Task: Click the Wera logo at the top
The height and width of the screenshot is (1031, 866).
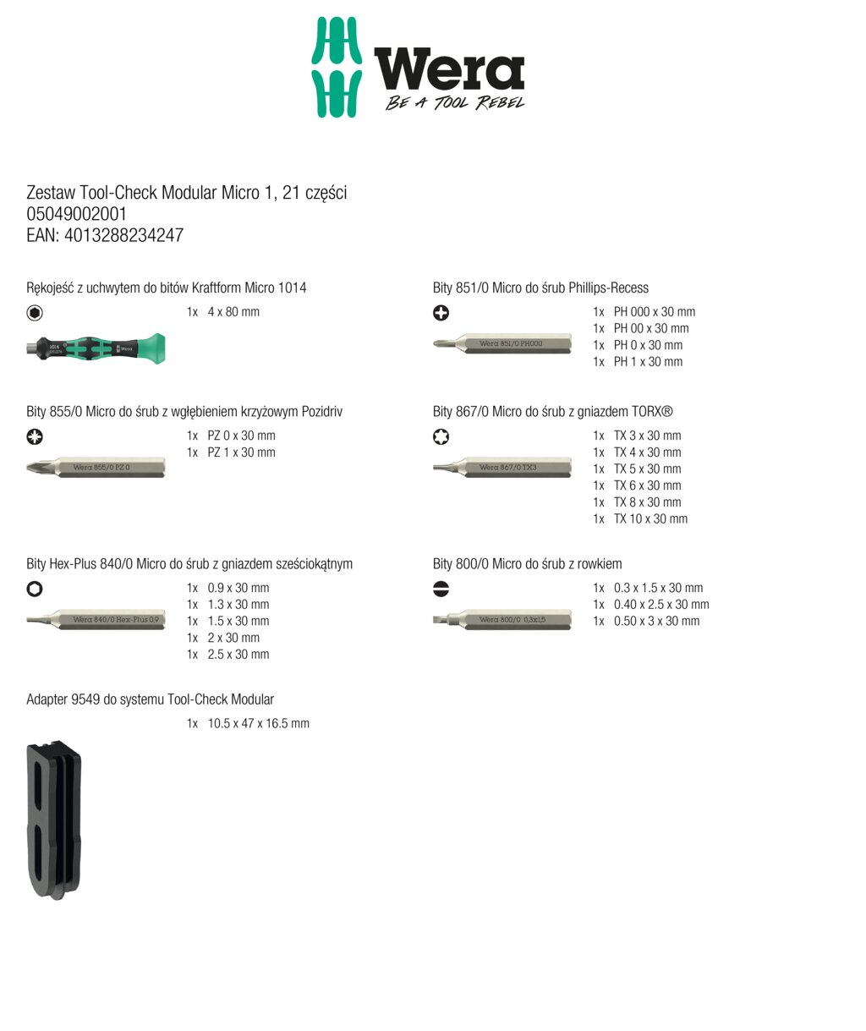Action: (x=418, y=68)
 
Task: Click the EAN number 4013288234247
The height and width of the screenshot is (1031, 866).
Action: (x=123, y=236)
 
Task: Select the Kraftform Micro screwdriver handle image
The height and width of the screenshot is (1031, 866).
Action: (x=96, y=348)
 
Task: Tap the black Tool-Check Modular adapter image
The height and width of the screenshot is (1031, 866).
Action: (x=54, y=820)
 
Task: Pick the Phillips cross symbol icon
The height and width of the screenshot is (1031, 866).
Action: (x=441, y=313)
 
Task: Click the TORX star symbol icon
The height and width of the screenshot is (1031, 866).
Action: (x=441, y=437)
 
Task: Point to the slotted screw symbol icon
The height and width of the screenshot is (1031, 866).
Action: (x=441, y=590)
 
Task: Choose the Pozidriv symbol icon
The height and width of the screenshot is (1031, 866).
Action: (x=35, y=437)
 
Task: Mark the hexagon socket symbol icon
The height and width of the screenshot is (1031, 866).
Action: (x=35, y=590)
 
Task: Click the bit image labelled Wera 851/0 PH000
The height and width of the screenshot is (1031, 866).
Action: (x=502, y=343)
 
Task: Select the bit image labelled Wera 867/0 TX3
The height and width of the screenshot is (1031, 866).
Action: (x=502, y=467)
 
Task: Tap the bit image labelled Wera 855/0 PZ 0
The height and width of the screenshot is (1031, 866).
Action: (x=96, y=467)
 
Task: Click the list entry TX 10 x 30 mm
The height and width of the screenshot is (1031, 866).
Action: (x=650, y=519)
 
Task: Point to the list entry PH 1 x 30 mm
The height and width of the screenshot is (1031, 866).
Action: (x=648, y=362)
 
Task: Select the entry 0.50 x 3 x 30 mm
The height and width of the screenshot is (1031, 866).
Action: (x=656, y=622)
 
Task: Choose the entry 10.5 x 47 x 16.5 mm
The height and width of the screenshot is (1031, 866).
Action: (x=258, y=724)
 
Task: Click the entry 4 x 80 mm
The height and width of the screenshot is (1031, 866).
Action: (x=233, y=312)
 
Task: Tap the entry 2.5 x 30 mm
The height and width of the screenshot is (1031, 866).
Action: (x=238, y=655)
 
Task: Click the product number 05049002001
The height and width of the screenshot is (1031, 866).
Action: (x=77, y=215)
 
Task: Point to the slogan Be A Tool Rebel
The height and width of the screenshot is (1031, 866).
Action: (x=455, y=103)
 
